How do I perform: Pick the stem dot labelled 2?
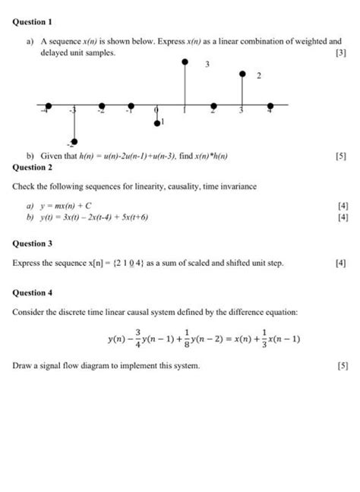(x=242, y=74)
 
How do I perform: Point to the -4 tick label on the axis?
(x=45, y=112)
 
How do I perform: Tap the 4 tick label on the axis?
(x=269, y=112)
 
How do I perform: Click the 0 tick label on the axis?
(x=156, y=112)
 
